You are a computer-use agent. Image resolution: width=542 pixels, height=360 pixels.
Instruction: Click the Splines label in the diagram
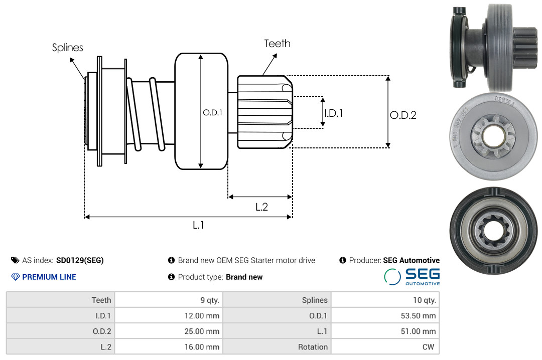(67, 47)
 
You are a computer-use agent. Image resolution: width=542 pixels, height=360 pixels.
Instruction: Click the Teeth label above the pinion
(277, 44)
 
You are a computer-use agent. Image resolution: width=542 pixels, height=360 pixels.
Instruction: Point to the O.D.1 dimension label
(213, 112)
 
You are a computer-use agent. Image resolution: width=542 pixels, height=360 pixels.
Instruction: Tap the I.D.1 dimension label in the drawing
(334, 113)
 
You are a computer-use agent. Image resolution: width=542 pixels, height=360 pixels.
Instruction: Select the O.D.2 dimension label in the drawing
(403, 115)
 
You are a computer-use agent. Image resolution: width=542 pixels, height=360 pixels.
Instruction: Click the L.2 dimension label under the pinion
(261, 207)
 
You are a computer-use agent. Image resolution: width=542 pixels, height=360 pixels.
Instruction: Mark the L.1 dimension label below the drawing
(198, 225)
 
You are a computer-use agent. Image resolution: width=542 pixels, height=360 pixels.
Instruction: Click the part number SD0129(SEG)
(80, 260)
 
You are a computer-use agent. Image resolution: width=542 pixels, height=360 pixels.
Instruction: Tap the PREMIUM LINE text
(49, 277)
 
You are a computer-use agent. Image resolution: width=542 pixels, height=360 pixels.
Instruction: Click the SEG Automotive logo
(412, 277)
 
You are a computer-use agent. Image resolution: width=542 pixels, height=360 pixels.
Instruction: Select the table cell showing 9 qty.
(169, 300)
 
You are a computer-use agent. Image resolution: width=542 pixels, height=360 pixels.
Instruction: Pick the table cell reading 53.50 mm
(385, 315)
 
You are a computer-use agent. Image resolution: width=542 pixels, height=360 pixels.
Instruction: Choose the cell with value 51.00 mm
(385, 331)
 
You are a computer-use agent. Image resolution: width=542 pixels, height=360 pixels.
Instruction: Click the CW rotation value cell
(385, 346)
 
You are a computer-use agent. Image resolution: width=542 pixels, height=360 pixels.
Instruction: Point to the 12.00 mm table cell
(169, 315)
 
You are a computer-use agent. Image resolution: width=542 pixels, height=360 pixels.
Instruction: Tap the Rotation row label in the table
(313, 347)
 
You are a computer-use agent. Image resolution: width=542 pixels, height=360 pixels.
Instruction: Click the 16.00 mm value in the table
(202, 347)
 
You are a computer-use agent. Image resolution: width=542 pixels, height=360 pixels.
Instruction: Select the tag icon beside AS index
(15, 260)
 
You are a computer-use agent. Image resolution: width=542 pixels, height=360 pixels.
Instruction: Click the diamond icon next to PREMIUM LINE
(16, 277)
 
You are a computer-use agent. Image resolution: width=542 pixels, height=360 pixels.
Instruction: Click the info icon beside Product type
(171, 277)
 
